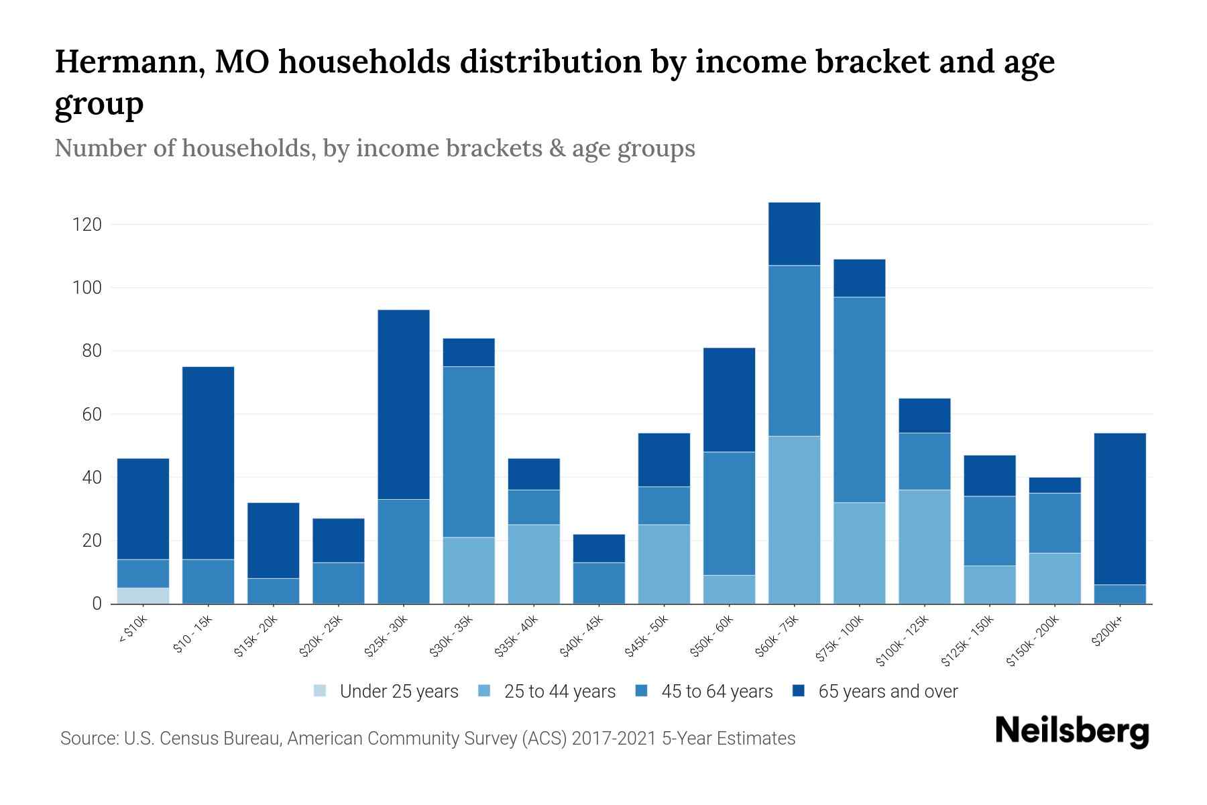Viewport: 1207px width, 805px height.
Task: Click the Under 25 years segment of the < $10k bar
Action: [x=143, y=596]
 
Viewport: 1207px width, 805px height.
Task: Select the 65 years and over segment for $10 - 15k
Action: [x=208, y=463]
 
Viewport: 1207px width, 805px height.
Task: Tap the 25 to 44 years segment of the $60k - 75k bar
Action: [x=794, y=520]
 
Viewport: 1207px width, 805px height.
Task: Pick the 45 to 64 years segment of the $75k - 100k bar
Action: [x=859, y=400]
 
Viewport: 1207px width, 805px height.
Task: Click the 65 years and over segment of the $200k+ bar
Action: [x=1120, y=509]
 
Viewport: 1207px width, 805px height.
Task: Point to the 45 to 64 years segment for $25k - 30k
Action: [x=404, y=551]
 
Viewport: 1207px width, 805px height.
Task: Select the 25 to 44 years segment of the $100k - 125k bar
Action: [x=924, y=547]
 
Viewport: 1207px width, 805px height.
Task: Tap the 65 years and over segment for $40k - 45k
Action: [x=599, y=548]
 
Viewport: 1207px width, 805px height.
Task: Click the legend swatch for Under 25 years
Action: [x=321, y=691]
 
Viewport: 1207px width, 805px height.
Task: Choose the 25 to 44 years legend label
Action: [x=559, y=692]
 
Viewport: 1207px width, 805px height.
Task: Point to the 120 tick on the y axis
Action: [x=87, y=225]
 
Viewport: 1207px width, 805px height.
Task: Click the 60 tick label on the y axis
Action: [x=91, y=415]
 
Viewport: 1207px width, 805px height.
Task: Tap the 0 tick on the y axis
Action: [x=97, y=604]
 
